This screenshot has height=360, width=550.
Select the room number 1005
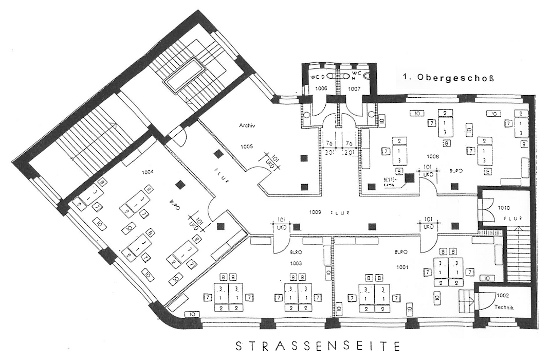(247, 146)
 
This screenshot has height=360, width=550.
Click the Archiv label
(247, 125)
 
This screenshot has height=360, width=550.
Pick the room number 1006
(321, 89)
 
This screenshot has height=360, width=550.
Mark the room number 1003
(296, 263)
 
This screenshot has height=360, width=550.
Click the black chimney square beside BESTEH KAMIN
(409, 178)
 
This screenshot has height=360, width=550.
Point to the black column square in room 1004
(179, 184)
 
